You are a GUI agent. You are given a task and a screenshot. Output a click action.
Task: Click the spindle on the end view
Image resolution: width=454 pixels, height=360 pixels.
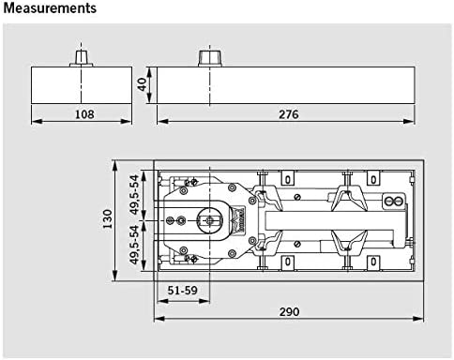82,56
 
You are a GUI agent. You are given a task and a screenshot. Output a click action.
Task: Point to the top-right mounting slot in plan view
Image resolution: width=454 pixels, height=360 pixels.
372,177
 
